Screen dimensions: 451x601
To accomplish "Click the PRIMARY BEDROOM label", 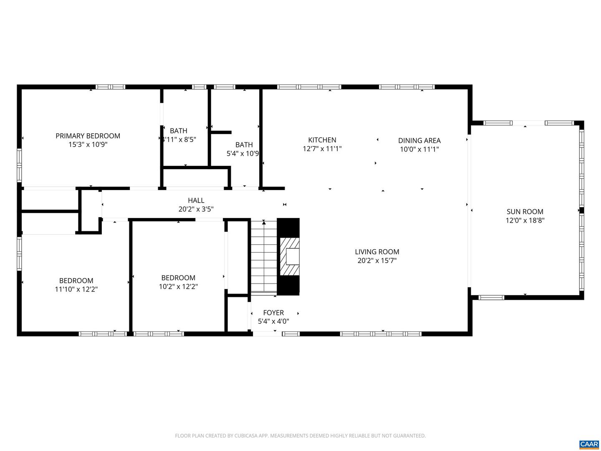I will point(88,136).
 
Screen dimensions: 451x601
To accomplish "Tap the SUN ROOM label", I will point(525,212).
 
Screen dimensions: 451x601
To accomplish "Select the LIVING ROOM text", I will point(377,252).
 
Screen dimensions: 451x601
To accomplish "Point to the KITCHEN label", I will point(322,140).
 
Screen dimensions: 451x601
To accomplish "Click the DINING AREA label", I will point(419,141).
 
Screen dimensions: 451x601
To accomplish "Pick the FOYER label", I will point(273,313).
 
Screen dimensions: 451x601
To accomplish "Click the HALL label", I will point(196,200).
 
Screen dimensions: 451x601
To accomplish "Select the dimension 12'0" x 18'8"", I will point(525,220).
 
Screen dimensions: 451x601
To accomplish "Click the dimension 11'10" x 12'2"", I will point(76,289).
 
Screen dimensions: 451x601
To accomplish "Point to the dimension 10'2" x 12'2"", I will point(178,287).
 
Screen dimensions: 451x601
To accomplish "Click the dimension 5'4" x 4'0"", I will point(273,322).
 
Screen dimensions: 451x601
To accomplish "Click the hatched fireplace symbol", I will point(289,256).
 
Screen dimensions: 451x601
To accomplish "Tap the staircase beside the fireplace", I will point(264,257).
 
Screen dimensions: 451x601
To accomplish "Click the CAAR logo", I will point(588,444).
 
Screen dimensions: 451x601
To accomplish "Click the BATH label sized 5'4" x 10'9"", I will point(244,145).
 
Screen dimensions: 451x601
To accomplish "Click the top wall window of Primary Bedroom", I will point(110,87).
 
